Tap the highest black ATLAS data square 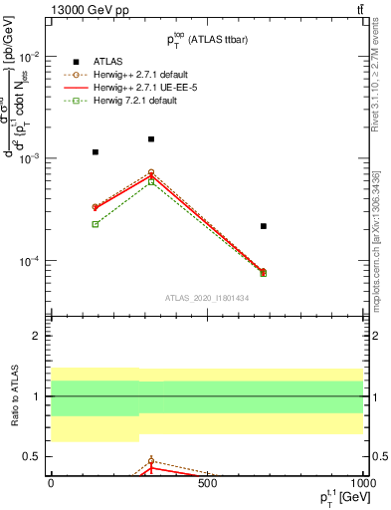pyautogui.click(x=151, y=139)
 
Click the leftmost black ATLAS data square pyautogui.click(x=96, y=152)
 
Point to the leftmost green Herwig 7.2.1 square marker pyautogui.click(x=96, y=224)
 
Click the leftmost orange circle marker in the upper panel pyautogui.click(x=96, y=207)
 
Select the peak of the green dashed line pyautogui.click(x=151, y=181)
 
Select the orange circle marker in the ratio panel pyautogui.click(x=151, y=461)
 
